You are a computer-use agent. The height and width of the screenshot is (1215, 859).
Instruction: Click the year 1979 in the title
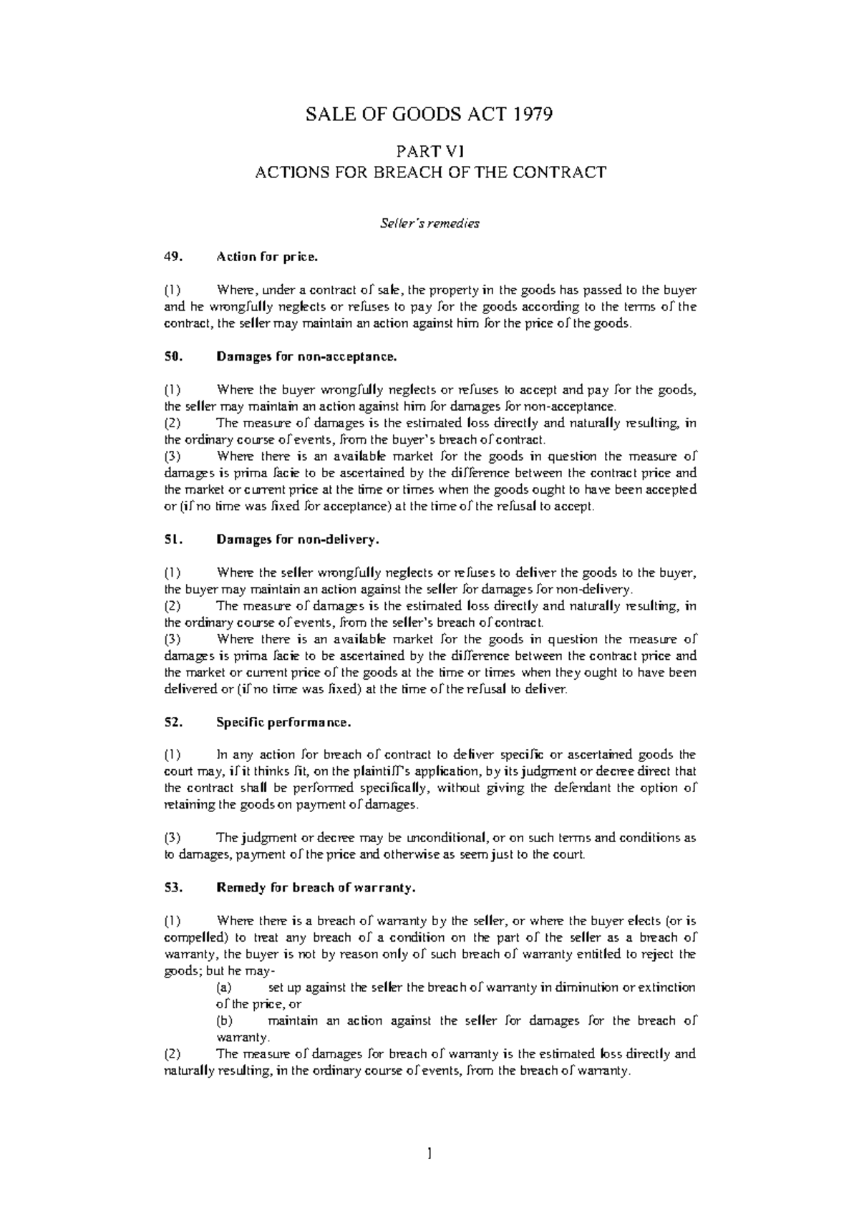(x=530, y=114)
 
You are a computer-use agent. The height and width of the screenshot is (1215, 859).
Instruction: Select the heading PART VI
(x=430, y=151)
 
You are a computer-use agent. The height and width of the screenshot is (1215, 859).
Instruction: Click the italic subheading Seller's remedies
(x=429, y=223)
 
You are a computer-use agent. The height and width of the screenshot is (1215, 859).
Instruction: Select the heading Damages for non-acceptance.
(x=306, y=356)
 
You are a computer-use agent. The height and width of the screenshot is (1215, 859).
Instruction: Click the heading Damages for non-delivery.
(x=297, y=540)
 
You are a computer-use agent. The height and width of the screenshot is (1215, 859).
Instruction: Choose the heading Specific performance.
(x=283, y=723)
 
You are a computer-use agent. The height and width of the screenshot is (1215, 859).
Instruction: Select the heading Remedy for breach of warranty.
(x=316, y=888)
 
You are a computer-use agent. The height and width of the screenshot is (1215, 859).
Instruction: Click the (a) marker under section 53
(x=223, y=987)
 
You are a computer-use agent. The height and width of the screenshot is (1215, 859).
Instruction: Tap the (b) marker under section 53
(x=223, y=1021)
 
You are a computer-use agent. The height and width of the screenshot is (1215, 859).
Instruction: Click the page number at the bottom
(x=429, y=1153)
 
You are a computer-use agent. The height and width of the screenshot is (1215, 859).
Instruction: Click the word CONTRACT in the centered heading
(x=566, y=172)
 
